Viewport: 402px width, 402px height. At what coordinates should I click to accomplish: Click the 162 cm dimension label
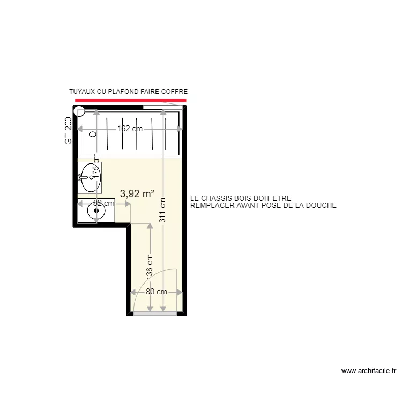tap(130, 129)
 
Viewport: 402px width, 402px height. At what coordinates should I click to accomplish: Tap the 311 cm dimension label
tap(162, 210)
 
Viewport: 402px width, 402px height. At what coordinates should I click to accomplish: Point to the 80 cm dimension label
tap(156, 292)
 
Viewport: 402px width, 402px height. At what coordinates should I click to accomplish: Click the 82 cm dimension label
tap(103, 204)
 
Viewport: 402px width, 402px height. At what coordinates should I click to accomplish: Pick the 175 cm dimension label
tap(96, 168)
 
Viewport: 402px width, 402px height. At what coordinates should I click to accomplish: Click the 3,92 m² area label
tap(137, 194)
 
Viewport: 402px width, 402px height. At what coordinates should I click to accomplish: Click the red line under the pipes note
tap(131, 100)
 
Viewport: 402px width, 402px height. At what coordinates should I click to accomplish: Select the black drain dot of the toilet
tap(96, 210)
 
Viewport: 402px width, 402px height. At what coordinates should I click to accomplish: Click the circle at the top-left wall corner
tap(79, 111)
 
